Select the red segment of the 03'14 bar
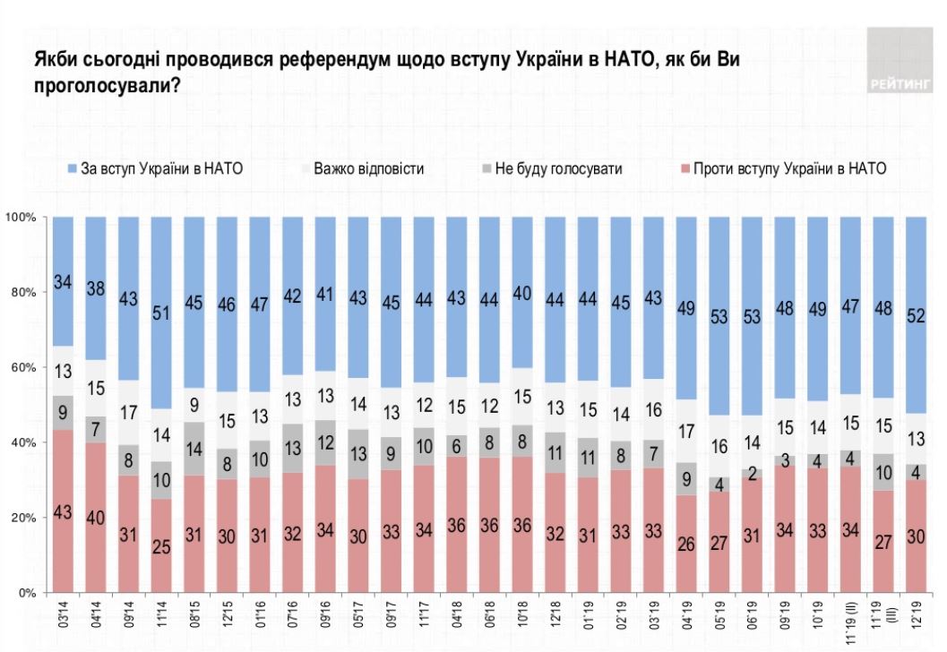[63, 510]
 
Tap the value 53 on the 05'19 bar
[718, 317]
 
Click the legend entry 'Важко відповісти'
[368, 167]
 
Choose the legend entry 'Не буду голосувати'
[557, 167]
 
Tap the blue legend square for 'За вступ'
[73, 167]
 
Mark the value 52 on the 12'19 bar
[917, 314]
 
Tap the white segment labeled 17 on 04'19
[685, 431]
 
